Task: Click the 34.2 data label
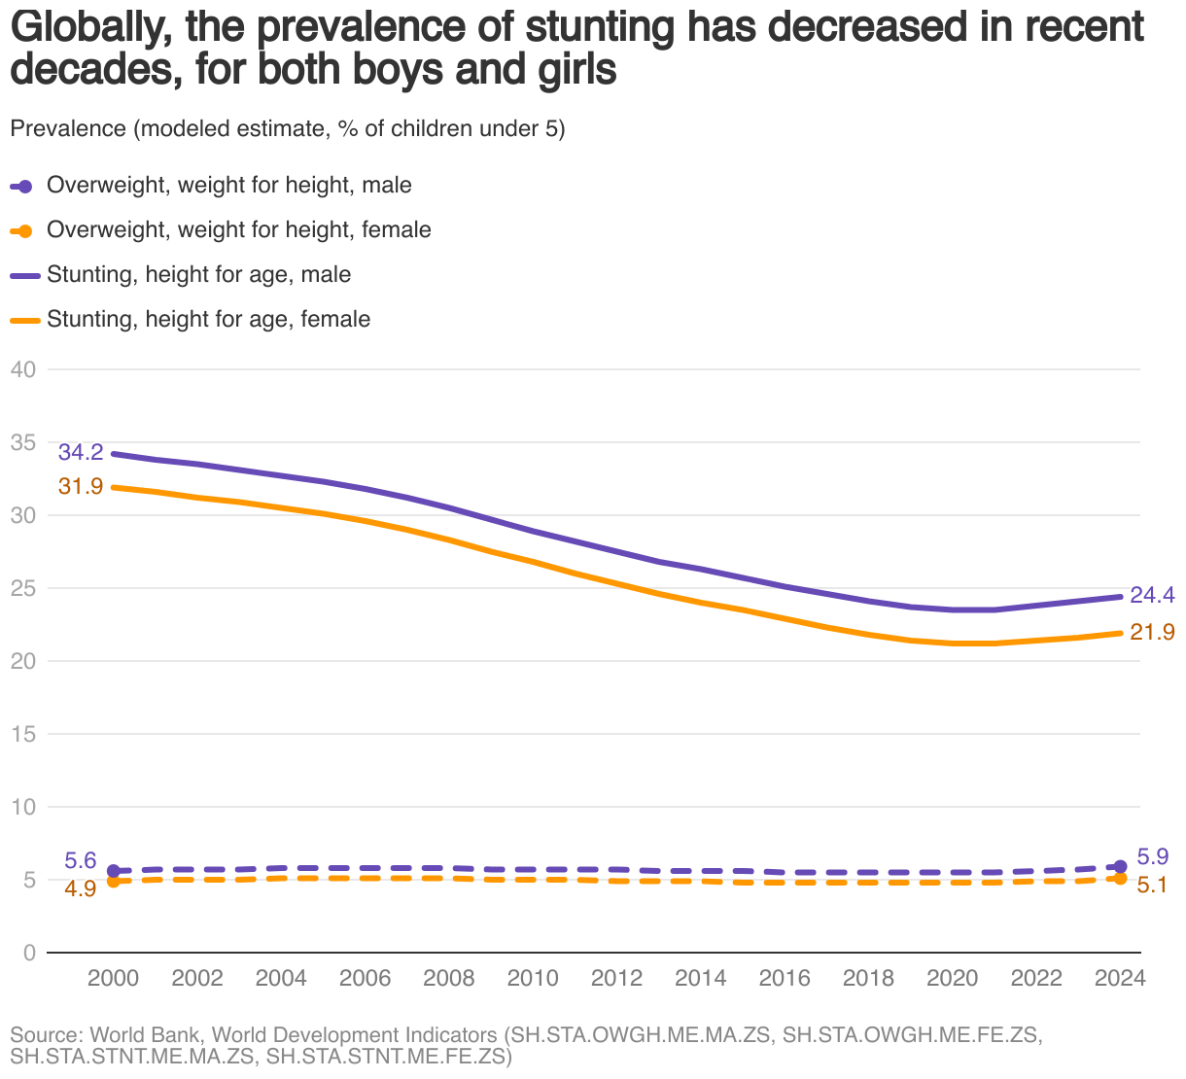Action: click(81, 452)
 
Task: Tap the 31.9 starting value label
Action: click(81, 486)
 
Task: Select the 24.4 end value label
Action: click(1153, 595)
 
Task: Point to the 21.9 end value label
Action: click(1153, 632)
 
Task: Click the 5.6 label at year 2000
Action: click(81, 860)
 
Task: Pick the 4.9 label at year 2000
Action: click(81, 888)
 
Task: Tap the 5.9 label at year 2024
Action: click(1153, 857)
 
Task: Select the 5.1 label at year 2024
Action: click(1153, 886)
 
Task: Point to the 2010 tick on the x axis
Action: click(533, 978)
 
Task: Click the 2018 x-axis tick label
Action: click(868, 978)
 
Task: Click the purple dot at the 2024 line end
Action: click(1120, 866)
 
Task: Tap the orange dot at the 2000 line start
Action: click(113, 881)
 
